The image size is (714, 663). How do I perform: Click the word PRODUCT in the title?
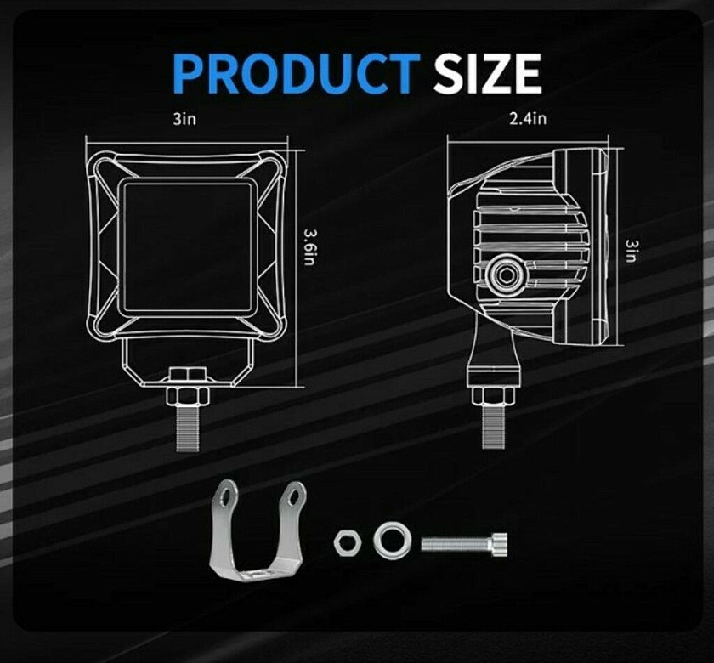point(297,74)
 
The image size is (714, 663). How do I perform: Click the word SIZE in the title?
point(487,74)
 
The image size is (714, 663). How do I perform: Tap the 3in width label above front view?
point(184,119)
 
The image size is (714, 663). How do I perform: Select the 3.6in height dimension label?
point(309,247)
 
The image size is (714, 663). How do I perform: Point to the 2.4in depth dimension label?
point(528,119)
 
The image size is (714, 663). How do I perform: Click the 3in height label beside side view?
point(631,251)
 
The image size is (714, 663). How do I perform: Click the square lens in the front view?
point(187,246)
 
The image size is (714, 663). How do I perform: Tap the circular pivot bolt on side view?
point(507,275)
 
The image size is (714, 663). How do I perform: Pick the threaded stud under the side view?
point(493,426)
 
